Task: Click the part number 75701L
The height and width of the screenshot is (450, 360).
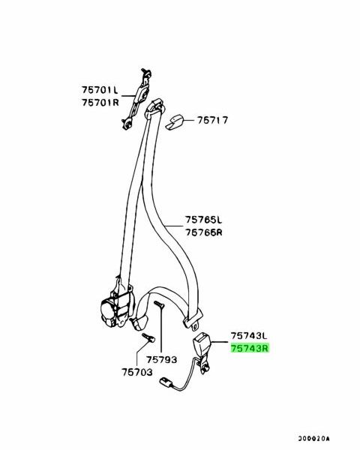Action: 100,90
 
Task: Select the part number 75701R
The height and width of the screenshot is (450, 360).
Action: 100,103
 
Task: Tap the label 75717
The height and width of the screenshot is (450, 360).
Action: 212,120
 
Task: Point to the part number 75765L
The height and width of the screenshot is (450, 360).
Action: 203,220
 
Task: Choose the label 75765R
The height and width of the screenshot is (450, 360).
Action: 204,232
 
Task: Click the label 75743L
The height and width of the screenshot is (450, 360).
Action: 249,336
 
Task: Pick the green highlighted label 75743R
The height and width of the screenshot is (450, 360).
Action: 250,349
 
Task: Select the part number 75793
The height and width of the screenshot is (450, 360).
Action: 162,359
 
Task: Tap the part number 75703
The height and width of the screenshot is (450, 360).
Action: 137,372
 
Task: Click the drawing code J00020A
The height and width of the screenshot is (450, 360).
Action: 313,439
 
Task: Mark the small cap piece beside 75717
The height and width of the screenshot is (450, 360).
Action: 174,122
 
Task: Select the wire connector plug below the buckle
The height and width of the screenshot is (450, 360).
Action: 166,383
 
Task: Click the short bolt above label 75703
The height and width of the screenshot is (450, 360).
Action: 148,337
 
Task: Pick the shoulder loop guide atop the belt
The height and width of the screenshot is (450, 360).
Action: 154,109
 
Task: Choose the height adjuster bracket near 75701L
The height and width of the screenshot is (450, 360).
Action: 137,99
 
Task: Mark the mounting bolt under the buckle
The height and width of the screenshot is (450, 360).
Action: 205,369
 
